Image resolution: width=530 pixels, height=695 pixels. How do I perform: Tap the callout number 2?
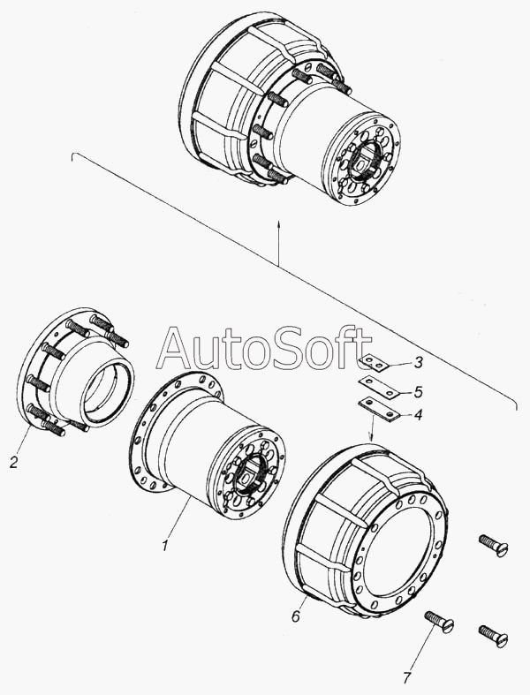[x=14, y=462]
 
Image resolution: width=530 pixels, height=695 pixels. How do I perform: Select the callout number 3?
[x=417, y=364]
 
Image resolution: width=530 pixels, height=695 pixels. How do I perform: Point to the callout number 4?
[x=417, y=415]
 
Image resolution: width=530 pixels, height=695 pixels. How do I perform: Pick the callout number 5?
[x=417, y=391]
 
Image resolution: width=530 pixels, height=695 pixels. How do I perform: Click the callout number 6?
[x=296, y=616]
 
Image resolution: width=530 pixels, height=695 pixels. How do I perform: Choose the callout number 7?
[x=406, y=677]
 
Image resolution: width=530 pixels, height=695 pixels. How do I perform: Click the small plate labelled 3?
[x=375, y=363]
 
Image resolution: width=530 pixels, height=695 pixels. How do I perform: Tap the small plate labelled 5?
[x=379, y=387]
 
